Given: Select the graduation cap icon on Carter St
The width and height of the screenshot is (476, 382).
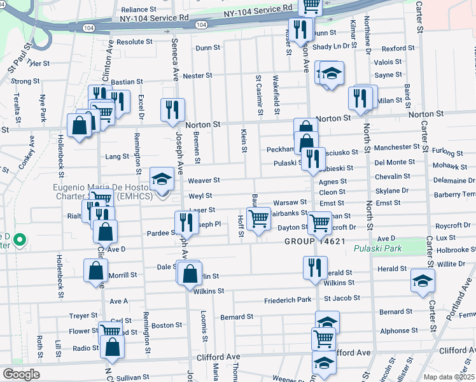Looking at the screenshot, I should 423,280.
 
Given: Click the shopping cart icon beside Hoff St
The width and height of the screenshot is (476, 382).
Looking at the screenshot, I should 258,218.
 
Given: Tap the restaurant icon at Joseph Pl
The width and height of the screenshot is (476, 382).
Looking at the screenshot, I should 186,222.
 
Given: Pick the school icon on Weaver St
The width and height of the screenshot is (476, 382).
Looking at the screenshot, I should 162,179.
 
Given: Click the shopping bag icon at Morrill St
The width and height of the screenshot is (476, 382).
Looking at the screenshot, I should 95,270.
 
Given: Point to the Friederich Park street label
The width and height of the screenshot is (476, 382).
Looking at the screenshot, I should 288,300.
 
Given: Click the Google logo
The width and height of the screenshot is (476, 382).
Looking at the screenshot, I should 20,374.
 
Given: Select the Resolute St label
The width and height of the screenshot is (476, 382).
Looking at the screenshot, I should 134,41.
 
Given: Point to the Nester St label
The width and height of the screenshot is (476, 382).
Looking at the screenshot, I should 197,76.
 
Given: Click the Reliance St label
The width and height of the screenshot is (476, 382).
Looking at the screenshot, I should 139,10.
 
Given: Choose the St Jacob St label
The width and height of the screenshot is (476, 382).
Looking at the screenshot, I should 342,298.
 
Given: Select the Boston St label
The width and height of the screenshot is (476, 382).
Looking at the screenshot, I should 167,325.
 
